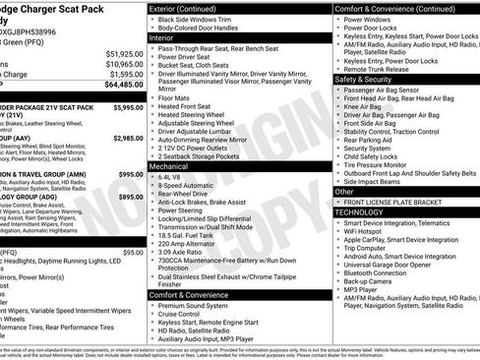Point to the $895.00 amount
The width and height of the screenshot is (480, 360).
[x=128, y=197]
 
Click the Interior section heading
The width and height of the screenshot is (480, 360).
[x=166, y=36]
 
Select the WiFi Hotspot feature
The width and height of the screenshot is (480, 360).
[x=369, y=231]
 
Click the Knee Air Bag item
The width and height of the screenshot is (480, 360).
[x=369, y=106]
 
